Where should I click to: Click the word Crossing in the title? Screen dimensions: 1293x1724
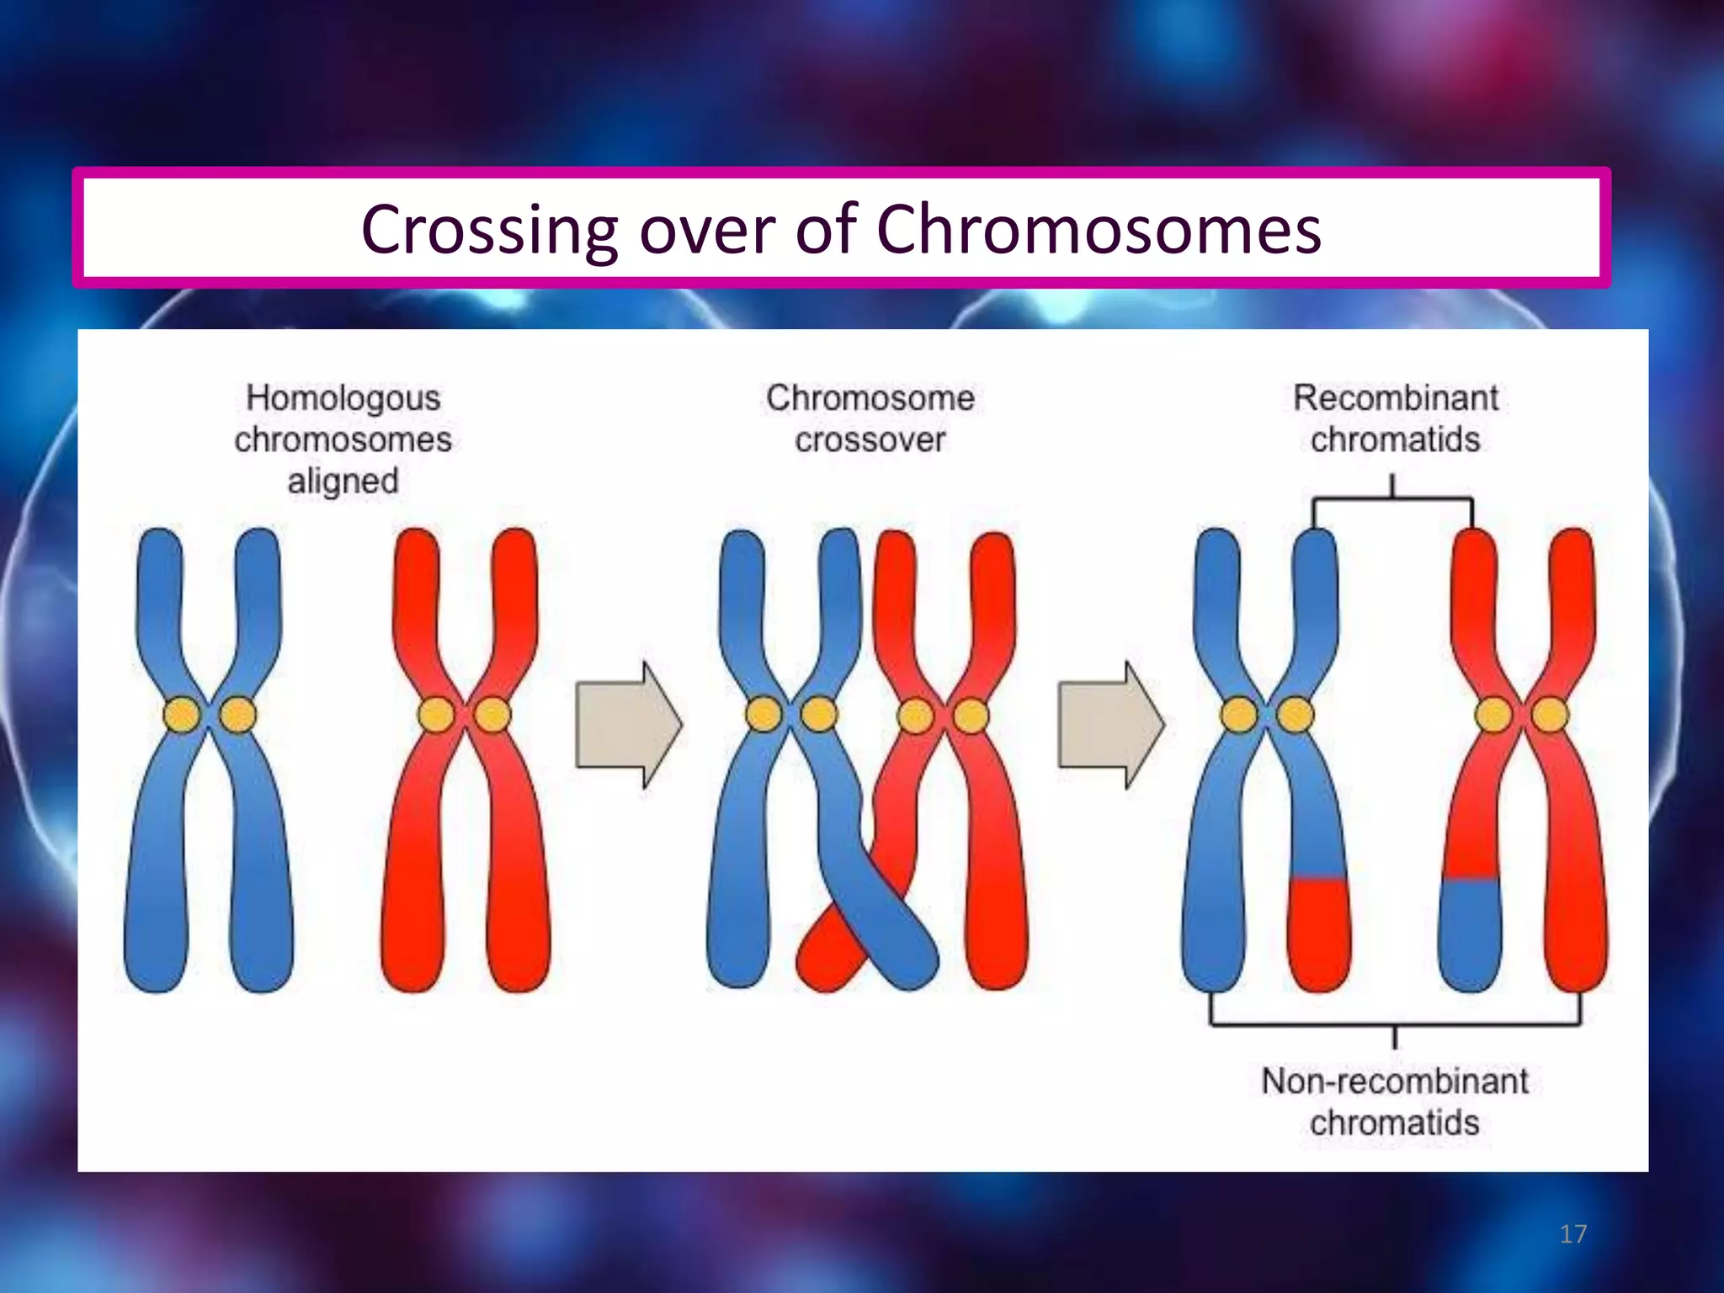[489, 230]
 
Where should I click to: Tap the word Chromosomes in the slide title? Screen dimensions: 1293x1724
[1099, 229]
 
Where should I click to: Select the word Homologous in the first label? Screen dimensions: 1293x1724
[343, 398]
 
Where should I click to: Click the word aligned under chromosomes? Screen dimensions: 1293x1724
[343, 482]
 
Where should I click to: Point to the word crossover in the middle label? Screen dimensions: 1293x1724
[870, 439]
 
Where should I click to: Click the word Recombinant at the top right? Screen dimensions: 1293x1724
[1395, 398]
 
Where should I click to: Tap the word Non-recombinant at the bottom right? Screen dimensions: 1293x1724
[1394, 1081]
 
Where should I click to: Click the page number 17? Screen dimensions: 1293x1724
[1572, 1234]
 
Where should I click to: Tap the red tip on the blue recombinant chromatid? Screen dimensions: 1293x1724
[1319, 934]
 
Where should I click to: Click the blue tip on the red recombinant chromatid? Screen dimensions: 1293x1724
[1469, 934]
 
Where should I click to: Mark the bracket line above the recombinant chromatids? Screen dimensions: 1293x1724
[1392, 500]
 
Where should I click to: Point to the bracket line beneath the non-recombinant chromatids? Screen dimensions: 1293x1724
[1394, 1024]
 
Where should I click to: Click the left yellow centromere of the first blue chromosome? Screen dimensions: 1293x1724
[182, 716]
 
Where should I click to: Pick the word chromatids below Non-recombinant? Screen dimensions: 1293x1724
[1394, 1123]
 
